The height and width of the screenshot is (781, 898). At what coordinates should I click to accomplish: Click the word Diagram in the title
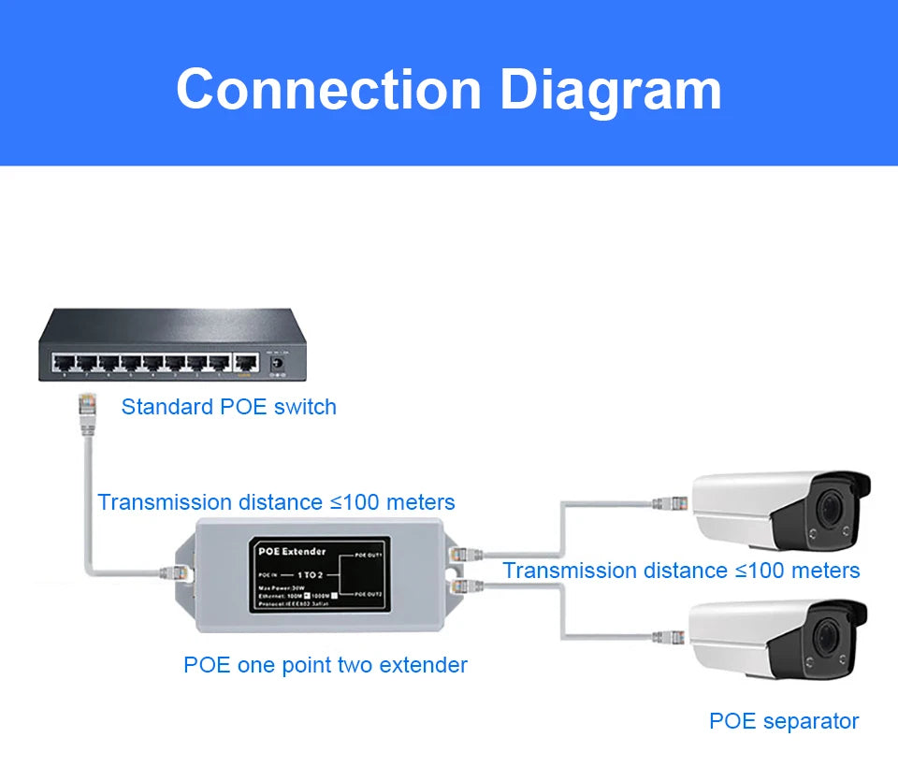click(x=610, y=91)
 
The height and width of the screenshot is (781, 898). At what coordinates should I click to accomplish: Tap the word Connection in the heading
click(x=328, y=91)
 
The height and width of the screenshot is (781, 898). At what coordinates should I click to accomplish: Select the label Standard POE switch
click(x=228, y=407)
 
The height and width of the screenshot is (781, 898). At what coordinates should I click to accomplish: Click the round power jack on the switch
click(x=276, y=361)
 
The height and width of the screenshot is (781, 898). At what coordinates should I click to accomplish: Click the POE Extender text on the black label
click(x=292, y=551)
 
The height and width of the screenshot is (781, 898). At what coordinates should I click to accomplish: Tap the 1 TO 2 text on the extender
click(x=310, y=573)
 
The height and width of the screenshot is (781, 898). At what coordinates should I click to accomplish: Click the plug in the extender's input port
click(x=174, y=571)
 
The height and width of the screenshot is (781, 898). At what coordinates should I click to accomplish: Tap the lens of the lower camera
click(x=828, y=640)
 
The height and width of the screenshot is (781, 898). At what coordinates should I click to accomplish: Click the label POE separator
click(x=783, y=721)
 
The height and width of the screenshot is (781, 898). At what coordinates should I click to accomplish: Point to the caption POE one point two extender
click(x=325, y=665)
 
